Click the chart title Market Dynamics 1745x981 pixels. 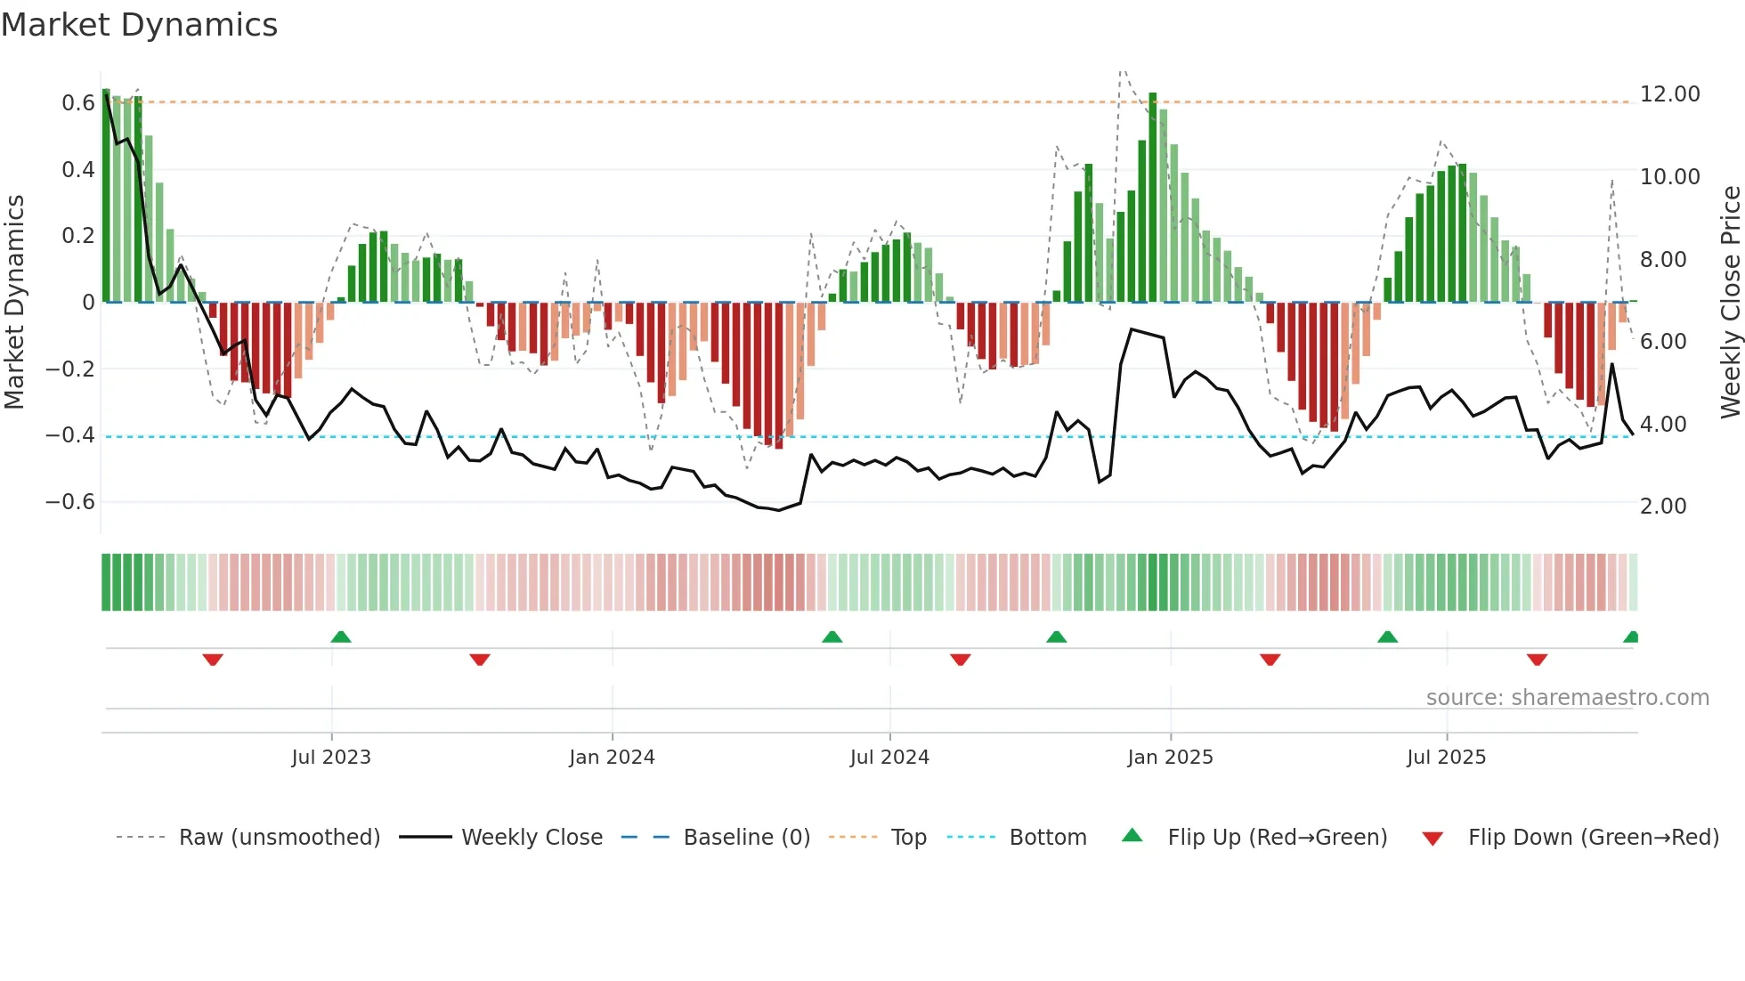[139, 25]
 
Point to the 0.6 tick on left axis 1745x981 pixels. [77, 103]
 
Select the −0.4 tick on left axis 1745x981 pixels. [70, 435]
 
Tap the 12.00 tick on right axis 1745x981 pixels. [1669, 94]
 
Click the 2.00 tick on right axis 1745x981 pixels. [1662, 507]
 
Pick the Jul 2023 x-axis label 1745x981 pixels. [330, 758]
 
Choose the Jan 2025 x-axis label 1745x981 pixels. [1169, 758]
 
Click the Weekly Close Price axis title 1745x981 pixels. [1730, 302]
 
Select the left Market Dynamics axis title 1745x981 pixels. [14, 302]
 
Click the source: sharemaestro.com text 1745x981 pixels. [1567, 698]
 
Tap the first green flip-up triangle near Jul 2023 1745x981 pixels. [340, 636]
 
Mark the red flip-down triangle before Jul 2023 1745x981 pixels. [213, 660]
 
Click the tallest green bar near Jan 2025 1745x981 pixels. [1152, 196]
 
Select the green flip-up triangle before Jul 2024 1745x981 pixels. [832, 636]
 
